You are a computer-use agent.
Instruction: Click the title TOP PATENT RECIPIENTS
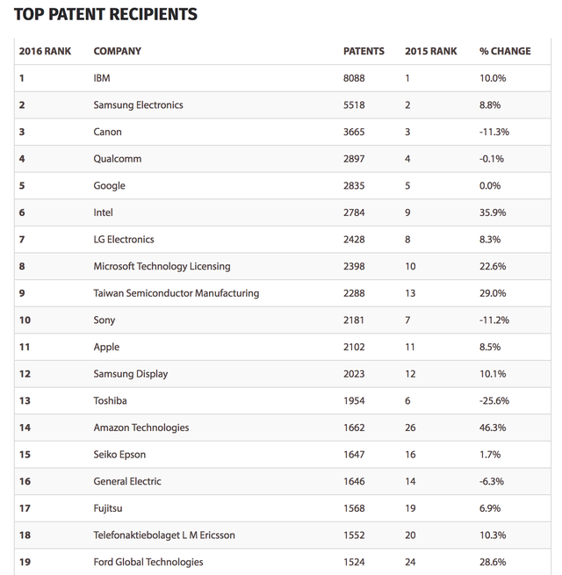tap(105, 14)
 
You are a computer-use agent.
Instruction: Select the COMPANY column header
tap(117, 51)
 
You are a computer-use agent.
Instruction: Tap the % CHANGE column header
tap(505, 51)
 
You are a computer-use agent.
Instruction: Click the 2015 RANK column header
tap(430, 51)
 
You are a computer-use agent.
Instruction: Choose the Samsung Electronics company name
tap(138, 105)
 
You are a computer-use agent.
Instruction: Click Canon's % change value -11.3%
tap(494, 132)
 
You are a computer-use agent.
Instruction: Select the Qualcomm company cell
tap(117, 159)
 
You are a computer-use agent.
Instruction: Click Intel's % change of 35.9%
tap(493, 212)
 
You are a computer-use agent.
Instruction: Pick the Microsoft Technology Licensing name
tap(162, 266)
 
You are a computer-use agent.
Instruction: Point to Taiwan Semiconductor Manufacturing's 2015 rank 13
tap(410, 293)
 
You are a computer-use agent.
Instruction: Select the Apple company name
tap(106, 347)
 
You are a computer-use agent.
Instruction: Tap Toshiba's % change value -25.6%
tap(494, 400)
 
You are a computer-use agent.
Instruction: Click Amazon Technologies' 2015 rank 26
tap(410, 428)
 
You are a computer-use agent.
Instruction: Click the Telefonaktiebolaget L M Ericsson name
tap(164, 535)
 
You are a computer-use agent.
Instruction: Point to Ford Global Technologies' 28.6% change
tap(493, 562)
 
